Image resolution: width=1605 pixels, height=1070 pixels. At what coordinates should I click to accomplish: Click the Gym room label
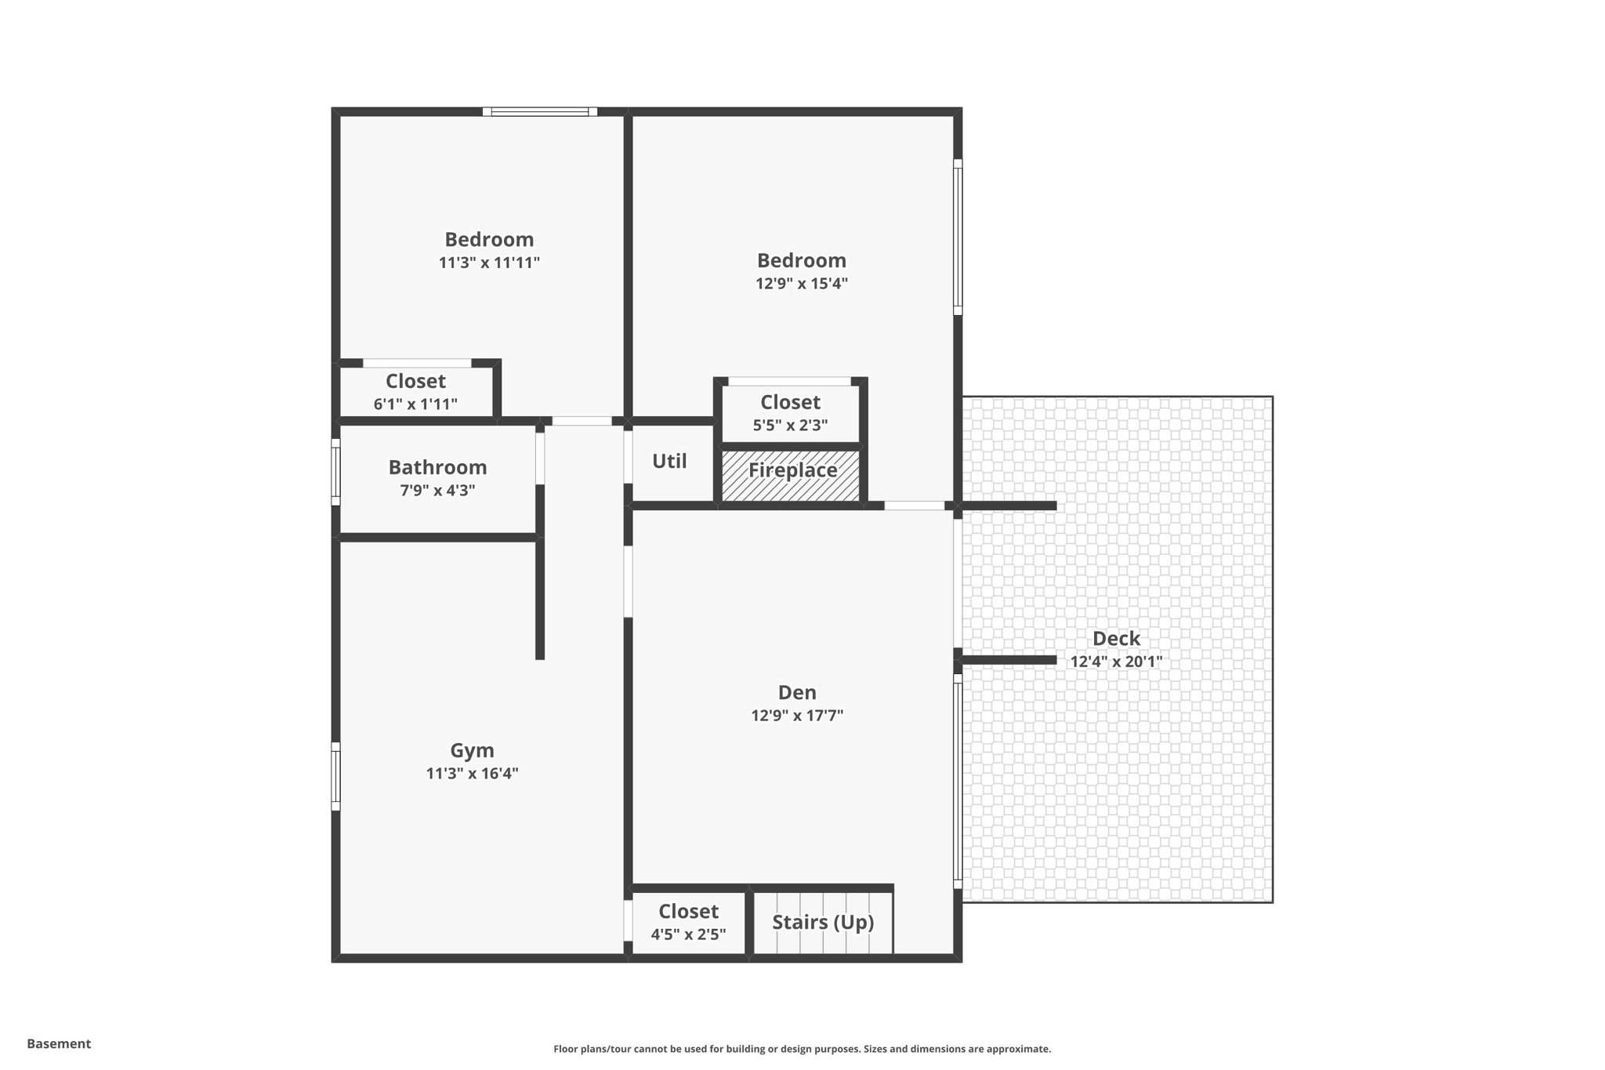point(472,750)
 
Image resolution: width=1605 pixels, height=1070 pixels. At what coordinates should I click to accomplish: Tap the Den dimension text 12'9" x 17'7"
point(797,715)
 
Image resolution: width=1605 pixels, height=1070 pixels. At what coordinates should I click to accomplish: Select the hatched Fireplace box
point(791,475)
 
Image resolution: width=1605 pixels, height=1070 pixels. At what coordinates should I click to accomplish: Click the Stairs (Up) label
point(822,922)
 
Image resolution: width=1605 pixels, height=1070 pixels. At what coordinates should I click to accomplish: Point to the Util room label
point(669,461)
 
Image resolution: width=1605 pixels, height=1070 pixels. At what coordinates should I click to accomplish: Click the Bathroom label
point(437,467)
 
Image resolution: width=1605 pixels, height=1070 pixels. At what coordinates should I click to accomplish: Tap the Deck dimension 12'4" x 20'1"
point(1116,661)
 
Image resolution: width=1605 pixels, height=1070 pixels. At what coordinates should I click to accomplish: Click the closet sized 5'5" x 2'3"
point(790,413)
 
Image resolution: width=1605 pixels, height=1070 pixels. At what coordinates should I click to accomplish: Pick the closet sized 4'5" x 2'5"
point(688,922)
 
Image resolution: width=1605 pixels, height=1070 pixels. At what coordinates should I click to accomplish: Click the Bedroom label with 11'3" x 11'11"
point(489,239)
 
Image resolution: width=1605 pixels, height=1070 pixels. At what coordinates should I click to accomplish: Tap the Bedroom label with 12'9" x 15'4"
point(801,260)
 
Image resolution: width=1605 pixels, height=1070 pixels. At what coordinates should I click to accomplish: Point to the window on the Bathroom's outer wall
point(336,473)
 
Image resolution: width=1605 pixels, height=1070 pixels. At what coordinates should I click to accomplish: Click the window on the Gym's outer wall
point(336,776)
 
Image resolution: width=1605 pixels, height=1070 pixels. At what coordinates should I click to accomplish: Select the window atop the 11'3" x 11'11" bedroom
point(539,112)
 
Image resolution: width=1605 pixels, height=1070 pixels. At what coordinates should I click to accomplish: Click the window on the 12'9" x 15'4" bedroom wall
point(958,237)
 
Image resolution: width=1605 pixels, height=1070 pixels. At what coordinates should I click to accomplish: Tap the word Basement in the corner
point(59,1043)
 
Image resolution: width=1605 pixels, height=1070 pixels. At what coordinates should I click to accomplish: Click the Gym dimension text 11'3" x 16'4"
point(472,774)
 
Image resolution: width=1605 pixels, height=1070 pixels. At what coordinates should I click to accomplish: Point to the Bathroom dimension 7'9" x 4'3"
point(437,491)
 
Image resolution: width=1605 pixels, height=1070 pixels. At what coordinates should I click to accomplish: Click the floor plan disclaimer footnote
point(802,1049)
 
